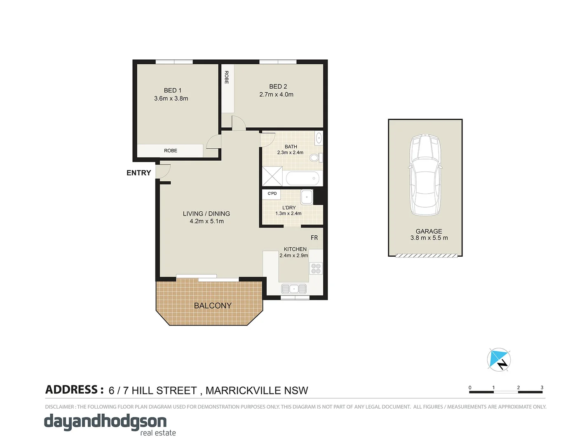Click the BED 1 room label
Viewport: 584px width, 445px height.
[x=172, y=90]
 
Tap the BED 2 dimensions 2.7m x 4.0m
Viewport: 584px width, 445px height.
[x=276, y=94]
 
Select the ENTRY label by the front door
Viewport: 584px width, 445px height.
[x=138, y=173]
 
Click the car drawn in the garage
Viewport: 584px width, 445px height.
[x=425, y=175]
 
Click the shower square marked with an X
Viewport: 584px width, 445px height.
[x=272, y=176]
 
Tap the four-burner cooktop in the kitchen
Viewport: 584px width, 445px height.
[x=316, y=269]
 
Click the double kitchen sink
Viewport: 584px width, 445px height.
[x=294, y=288]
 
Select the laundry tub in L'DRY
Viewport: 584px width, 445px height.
[x=307, y=197]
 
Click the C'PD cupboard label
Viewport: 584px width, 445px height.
[x=272, y=193]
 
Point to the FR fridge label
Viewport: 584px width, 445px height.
[x=314, y=238]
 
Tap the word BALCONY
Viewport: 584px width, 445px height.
[x=213, y=305]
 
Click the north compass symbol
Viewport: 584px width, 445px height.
[x=499, y=360]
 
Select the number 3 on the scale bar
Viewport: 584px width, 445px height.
[x=542, y=387]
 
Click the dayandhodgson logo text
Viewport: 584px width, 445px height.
[x=106, y=422]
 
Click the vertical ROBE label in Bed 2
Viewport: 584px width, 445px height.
[x=227, y=77]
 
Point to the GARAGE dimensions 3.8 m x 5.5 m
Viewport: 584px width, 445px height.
[x=429, y=238]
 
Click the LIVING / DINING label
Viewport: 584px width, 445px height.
[x=206, y=213]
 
